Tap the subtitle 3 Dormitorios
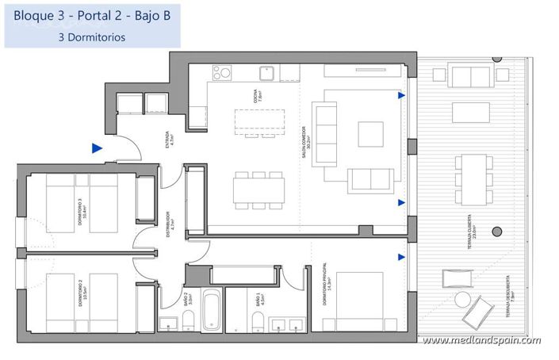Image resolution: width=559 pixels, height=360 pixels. [x=92, y=36]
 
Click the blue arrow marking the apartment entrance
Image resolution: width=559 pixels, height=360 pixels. [x=97, y=147]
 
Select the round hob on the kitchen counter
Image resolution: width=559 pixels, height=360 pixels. [x=220, y=72]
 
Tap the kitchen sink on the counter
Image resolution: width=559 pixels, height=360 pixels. [x=268, y=72]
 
